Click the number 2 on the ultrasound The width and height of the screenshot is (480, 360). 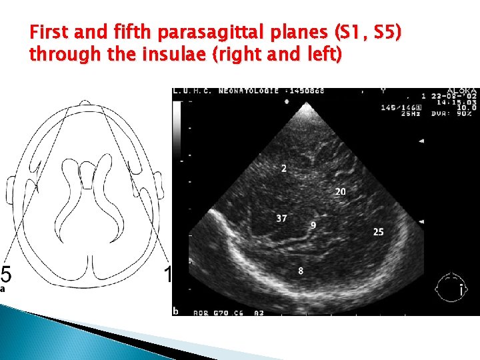pyautogui.click(x=284, y=169)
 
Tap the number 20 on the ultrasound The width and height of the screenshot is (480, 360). pyautogui.click(x=340, y=192)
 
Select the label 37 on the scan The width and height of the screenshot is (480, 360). pyautogui.click(x=281, y=219)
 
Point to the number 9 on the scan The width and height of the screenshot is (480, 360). pyautogui.click(x=313, y=226)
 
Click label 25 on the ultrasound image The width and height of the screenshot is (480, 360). pyautogui.click(x=379, y=232)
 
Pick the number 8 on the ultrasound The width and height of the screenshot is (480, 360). pyautogui.click(x=301, y=271)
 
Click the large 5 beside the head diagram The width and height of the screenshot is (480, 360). pyautogui.click(x=5, y=275)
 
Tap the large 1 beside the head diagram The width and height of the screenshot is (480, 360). pyautogui.click(x=168, y=275)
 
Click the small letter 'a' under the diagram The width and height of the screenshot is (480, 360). pyautogui.click(x=3, y=289)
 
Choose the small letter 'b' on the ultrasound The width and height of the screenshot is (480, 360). pyautogui.click(x=175, y=311)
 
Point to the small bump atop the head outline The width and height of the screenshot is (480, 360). pyautogui.click(x=85, y=103)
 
